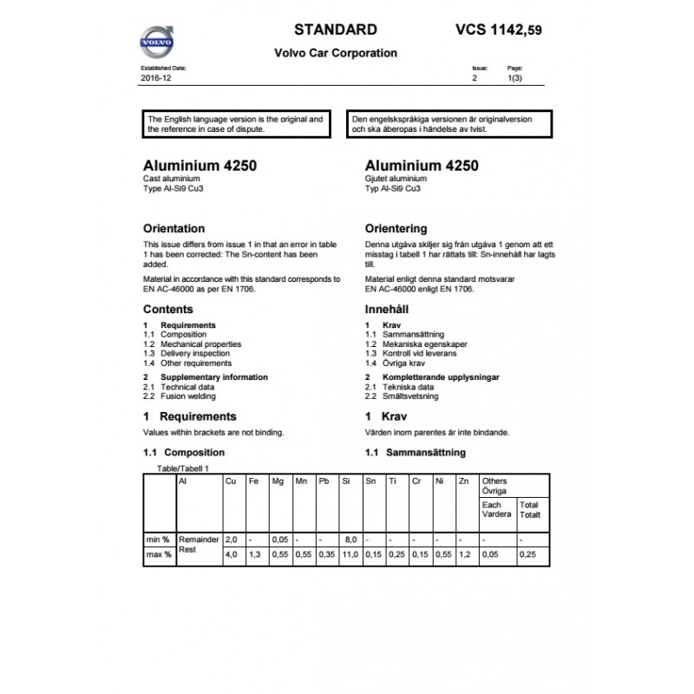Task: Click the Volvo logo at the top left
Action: pos(158,42)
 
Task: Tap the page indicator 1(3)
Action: pos(515,78)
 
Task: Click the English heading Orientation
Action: pos(173,229)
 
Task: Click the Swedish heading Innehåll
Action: pos(387,309)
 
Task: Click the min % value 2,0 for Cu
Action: pos(231,540)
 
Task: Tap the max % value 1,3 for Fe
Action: pos(254,553)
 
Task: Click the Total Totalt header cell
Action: pos(529,509)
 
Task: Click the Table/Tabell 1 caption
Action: pos(182,468)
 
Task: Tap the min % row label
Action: pos(158,540)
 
